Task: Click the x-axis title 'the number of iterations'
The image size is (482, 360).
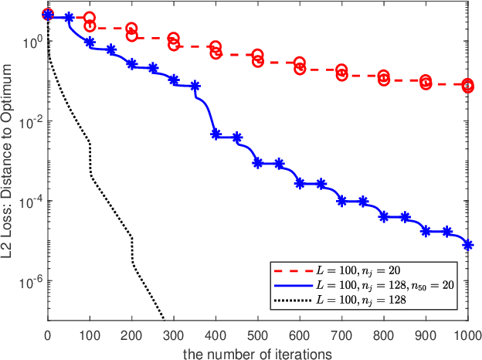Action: point(257,353)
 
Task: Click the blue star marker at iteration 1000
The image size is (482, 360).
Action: point(468,245)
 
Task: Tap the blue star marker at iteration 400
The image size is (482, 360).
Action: point(216,134)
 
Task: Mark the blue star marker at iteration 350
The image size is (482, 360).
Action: point(195,86)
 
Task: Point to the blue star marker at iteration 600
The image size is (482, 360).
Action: point(300,183)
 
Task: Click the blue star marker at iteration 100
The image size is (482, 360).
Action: point(90,42)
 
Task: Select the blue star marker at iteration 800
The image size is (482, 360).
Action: point(384,217)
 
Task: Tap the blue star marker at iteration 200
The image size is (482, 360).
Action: point(131,63)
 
